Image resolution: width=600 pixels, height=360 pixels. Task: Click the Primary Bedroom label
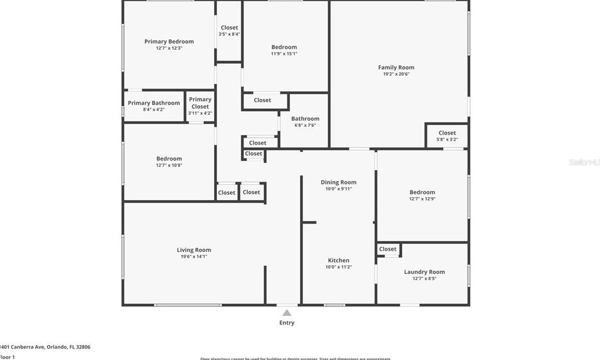(169, 41)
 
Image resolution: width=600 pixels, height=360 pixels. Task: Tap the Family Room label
(396, 67)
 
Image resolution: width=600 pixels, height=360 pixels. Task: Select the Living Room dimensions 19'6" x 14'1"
(194, 257)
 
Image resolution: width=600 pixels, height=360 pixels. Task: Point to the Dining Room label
(338, 182)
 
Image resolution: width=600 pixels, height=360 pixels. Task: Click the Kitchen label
(338, 260)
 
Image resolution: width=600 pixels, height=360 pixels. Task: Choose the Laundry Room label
(424, 272)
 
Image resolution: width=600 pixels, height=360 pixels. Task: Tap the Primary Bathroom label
(153, 103)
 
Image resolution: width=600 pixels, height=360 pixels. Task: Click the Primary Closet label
(200, 103)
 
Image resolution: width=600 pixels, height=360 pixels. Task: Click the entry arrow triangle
(287, 313)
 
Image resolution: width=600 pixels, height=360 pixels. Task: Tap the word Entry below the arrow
(287, 323)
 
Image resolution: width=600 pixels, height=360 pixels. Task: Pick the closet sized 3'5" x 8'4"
(229, 30)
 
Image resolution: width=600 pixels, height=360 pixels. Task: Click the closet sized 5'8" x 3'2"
(447, 136)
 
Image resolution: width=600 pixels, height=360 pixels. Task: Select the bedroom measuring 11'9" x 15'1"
(284, 50)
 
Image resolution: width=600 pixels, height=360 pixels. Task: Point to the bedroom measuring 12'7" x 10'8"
(169, 162)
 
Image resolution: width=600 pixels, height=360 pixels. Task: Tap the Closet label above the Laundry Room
(388, 249)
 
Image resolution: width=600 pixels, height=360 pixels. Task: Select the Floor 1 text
(7, 357)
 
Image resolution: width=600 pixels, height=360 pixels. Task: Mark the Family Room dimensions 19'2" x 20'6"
(396, 74)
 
